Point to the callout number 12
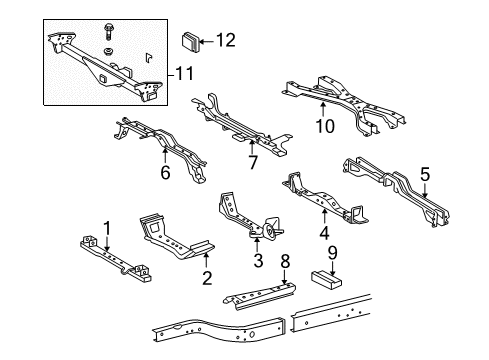coord(228,41)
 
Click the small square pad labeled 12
coord(189,42)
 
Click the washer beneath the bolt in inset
coord(107,50)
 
